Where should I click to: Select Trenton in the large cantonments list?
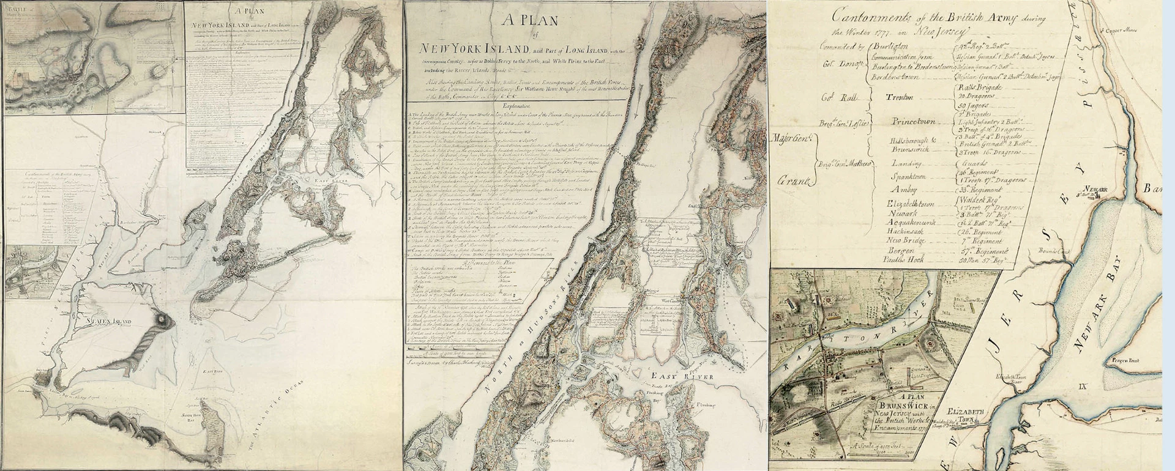point(899,97)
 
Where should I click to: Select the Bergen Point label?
point(1121,361)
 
